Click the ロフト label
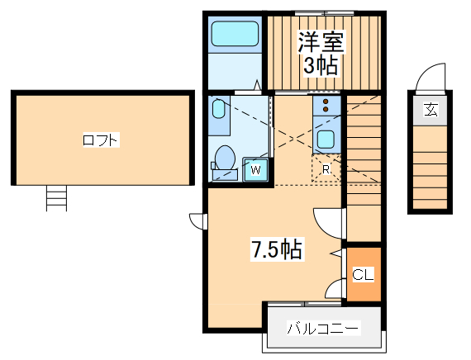pos(101,140)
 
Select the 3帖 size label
pos(320,66)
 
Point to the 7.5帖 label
pos(275,248)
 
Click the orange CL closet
pos(364,274)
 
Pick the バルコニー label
pos(322,329)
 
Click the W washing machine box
pos(256,170)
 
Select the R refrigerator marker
pos(326,169)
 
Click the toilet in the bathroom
pos(224,158)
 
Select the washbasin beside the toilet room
pos(218,112)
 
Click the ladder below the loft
pos(56,198)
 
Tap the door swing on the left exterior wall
pos(197,220)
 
